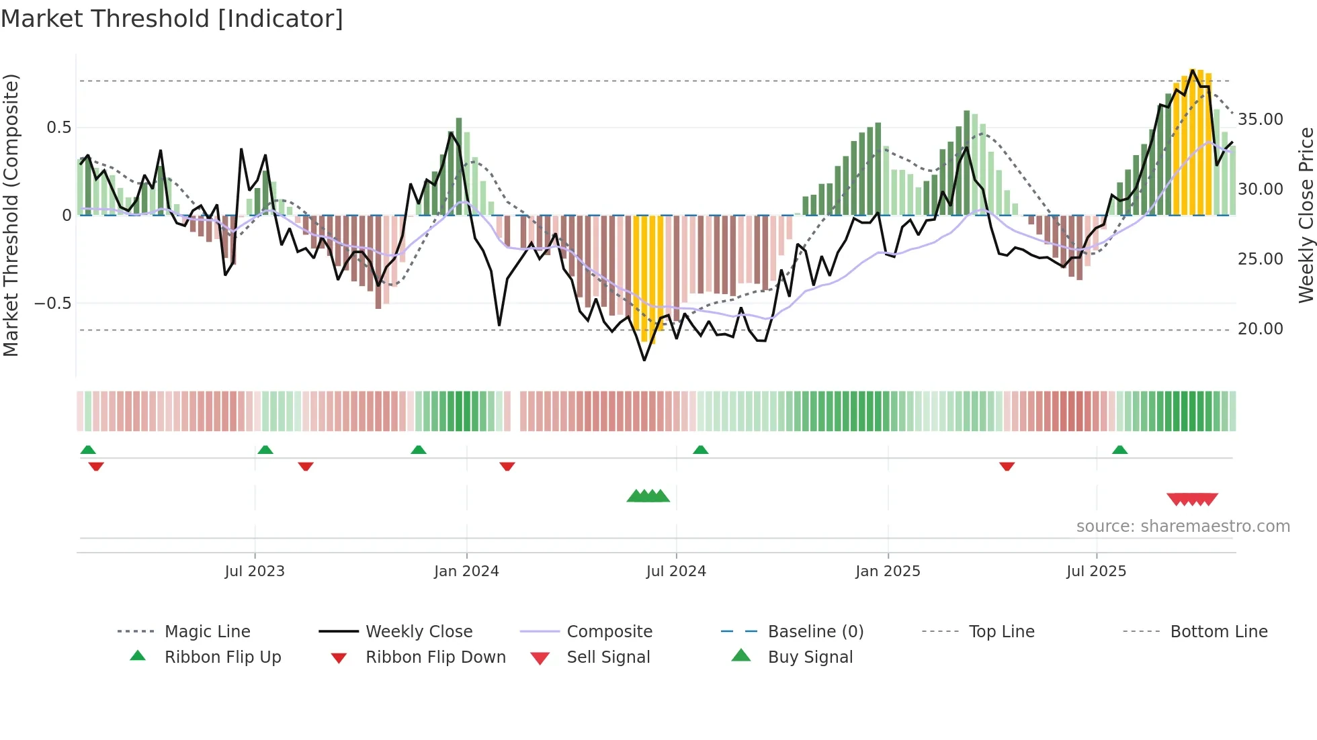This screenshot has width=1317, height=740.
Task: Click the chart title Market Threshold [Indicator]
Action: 172,19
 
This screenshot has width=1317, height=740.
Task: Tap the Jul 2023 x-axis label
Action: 255,571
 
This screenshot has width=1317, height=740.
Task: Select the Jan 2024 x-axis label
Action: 466,571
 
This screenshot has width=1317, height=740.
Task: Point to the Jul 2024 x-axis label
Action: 676,571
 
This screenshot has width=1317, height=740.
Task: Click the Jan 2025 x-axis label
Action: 888,571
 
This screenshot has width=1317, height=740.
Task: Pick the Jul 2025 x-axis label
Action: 1096,571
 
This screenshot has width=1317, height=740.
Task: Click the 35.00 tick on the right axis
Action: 1261,120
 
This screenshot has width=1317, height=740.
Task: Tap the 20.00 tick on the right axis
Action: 1261,329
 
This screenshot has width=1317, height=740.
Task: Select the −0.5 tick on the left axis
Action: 52,304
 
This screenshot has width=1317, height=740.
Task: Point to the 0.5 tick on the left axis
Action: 58,128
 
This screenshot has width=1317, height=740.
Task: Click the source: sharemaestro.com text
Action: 1183,526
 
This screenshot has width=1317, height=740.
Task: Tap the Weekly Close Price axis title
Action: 1306,215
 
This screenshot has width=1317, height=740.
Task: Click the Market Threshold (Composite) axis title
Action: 11,215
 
